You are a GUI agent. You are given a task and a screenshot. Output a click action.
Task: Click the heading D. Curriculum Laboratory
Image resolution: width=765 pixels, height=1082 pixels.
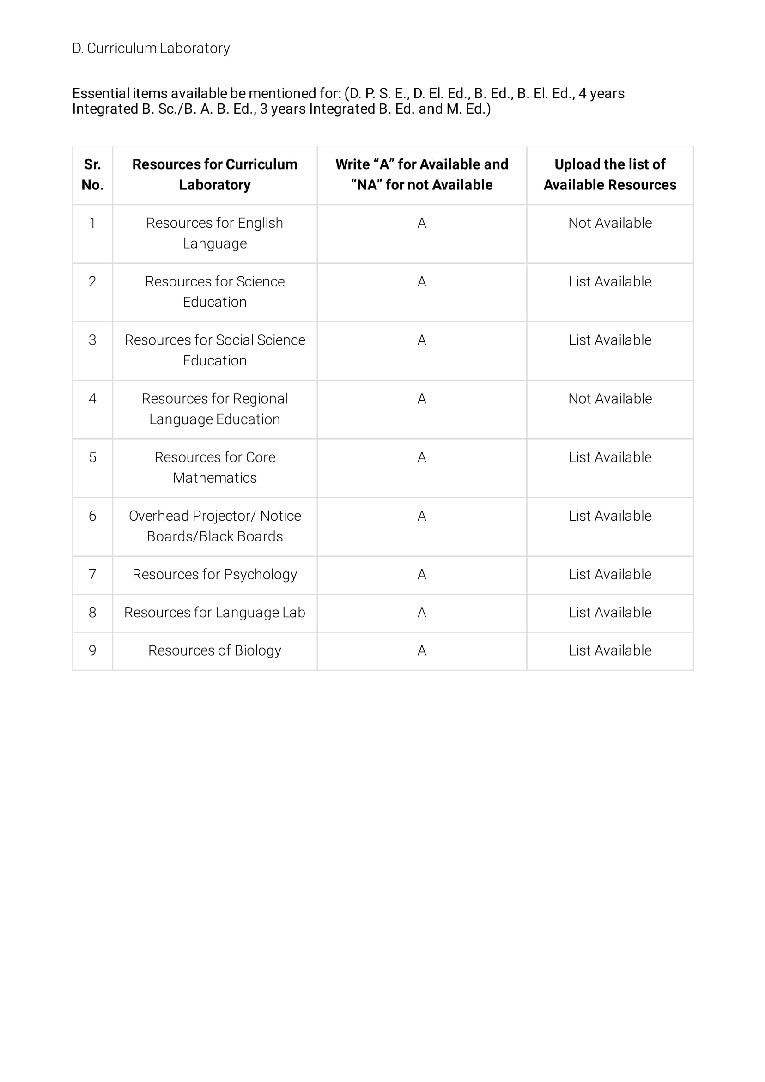(x=151, y=48)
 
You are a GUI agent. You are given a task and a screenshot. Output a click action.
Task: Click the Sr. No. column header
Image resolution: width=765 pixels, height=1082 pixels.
(x=92, y=174)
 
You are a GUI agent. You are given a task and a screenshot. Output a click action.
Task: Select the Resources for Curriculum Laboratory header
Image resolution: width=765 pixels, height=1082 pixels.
(x=214, y=174)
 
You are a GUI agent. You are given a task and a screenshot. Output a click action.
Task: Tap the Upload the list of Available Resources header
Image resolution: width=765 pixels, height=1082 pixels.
(x=609, y=174)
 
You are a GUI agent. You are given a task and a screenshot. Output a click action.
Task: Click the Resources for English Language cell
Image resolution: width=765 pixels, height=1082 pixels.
(x=214, y=233)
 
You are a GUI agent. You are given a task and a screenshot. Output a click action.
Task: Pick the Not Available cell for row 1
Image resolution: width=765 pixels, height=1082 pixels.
(x=609, y=223)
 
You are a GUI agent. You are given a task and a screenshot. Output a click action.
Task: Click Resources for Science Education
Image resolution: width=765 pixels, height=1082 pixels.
(x=214, y=291)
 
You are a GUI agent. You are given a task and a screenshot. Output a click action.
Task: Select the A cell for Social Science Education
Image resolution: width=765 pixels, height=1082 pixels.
(x=421, y=340)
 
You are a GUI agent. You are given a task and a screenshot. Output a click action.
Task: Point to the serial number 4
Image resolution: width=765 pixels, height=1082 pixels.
(x=92, y=399)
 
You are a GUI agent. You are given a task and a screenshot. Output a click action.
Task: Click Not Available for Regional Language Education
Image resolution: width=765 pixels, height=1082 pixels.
(x=609, y=399)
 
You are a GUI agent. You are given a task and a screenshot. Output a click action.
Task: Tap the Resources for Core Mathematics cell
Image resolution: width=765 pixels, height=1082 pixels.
(x=214, y=467)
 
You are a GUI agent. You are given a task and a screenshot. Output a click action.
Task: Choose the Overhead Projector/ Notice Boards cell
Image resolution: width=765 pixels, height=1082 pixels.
(x=214, y=525)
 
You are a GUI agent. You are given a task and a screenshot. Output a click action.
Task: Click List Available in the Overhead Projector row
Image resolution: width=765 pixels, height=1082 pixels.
(x=609, y=516)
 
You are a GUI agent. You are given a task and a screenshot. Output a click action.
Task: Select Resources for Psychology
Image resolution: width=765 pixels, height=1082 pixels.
(x=214, y=574)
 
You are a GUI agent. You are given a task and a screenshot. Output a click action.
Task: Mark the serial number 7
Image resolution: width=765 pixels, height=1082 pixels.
(x=92, y=574)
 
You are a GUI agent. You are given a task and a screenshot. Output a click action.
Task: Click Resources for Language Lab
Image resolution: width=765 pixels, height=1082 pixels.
(x=214, y=612)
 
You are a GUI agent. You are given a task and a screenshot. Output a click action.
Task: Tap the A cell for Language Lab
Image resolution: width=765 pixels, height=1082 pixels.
(x=421, y=612)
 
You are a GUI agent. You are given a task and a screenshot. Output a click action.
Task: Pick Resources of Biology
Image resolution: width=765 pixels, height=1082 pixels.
(x=214, y=650)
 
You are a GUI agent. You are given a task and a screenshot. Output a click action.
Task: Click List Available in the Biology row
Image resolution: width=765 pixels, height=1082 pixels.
(x=609, y=650)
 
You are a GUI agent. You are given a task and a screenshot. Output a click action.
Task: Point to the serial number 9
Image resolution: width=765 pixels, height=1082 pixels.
(x=92, y=650)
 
